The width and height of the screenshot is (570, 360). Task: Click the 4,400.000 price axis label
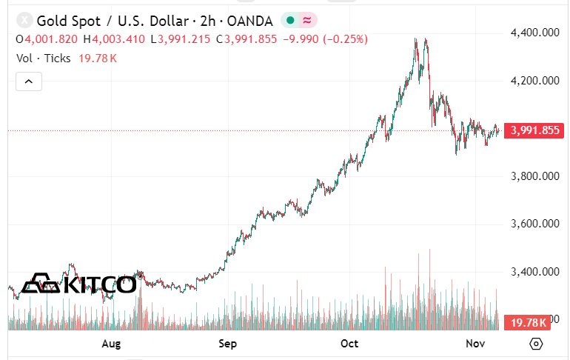coord(534,33)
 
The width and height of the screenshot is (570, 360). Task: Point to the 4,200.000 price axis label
coord(534,81)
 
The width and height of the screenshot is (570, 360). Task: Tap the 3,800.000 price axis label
coord(534,176)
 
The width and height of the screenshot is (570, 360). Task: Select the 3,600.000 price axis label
coord(534,224)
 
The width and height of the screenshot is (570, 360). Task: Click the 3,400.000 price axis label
coord(534,272)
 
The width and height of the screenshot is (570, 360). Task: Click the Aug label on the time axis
coord(111,344)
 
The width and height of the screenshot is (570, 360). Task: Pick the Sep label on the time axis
coord(228,344)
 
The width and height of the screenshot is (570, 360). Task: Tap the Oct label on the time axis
coord(349,344)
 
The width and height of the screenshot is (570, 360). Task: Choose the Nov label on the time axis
coord(475,344)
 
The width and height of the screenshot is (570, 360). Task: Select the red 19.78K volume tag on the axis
coord(527,322)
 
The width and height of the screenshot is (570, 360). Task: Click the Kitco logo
coord(78,284)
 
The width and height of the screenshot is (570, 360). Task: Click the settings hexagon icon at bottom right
coord(537,344)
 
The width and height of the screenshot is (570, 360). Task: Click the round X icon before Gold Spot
coord(25,20)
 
